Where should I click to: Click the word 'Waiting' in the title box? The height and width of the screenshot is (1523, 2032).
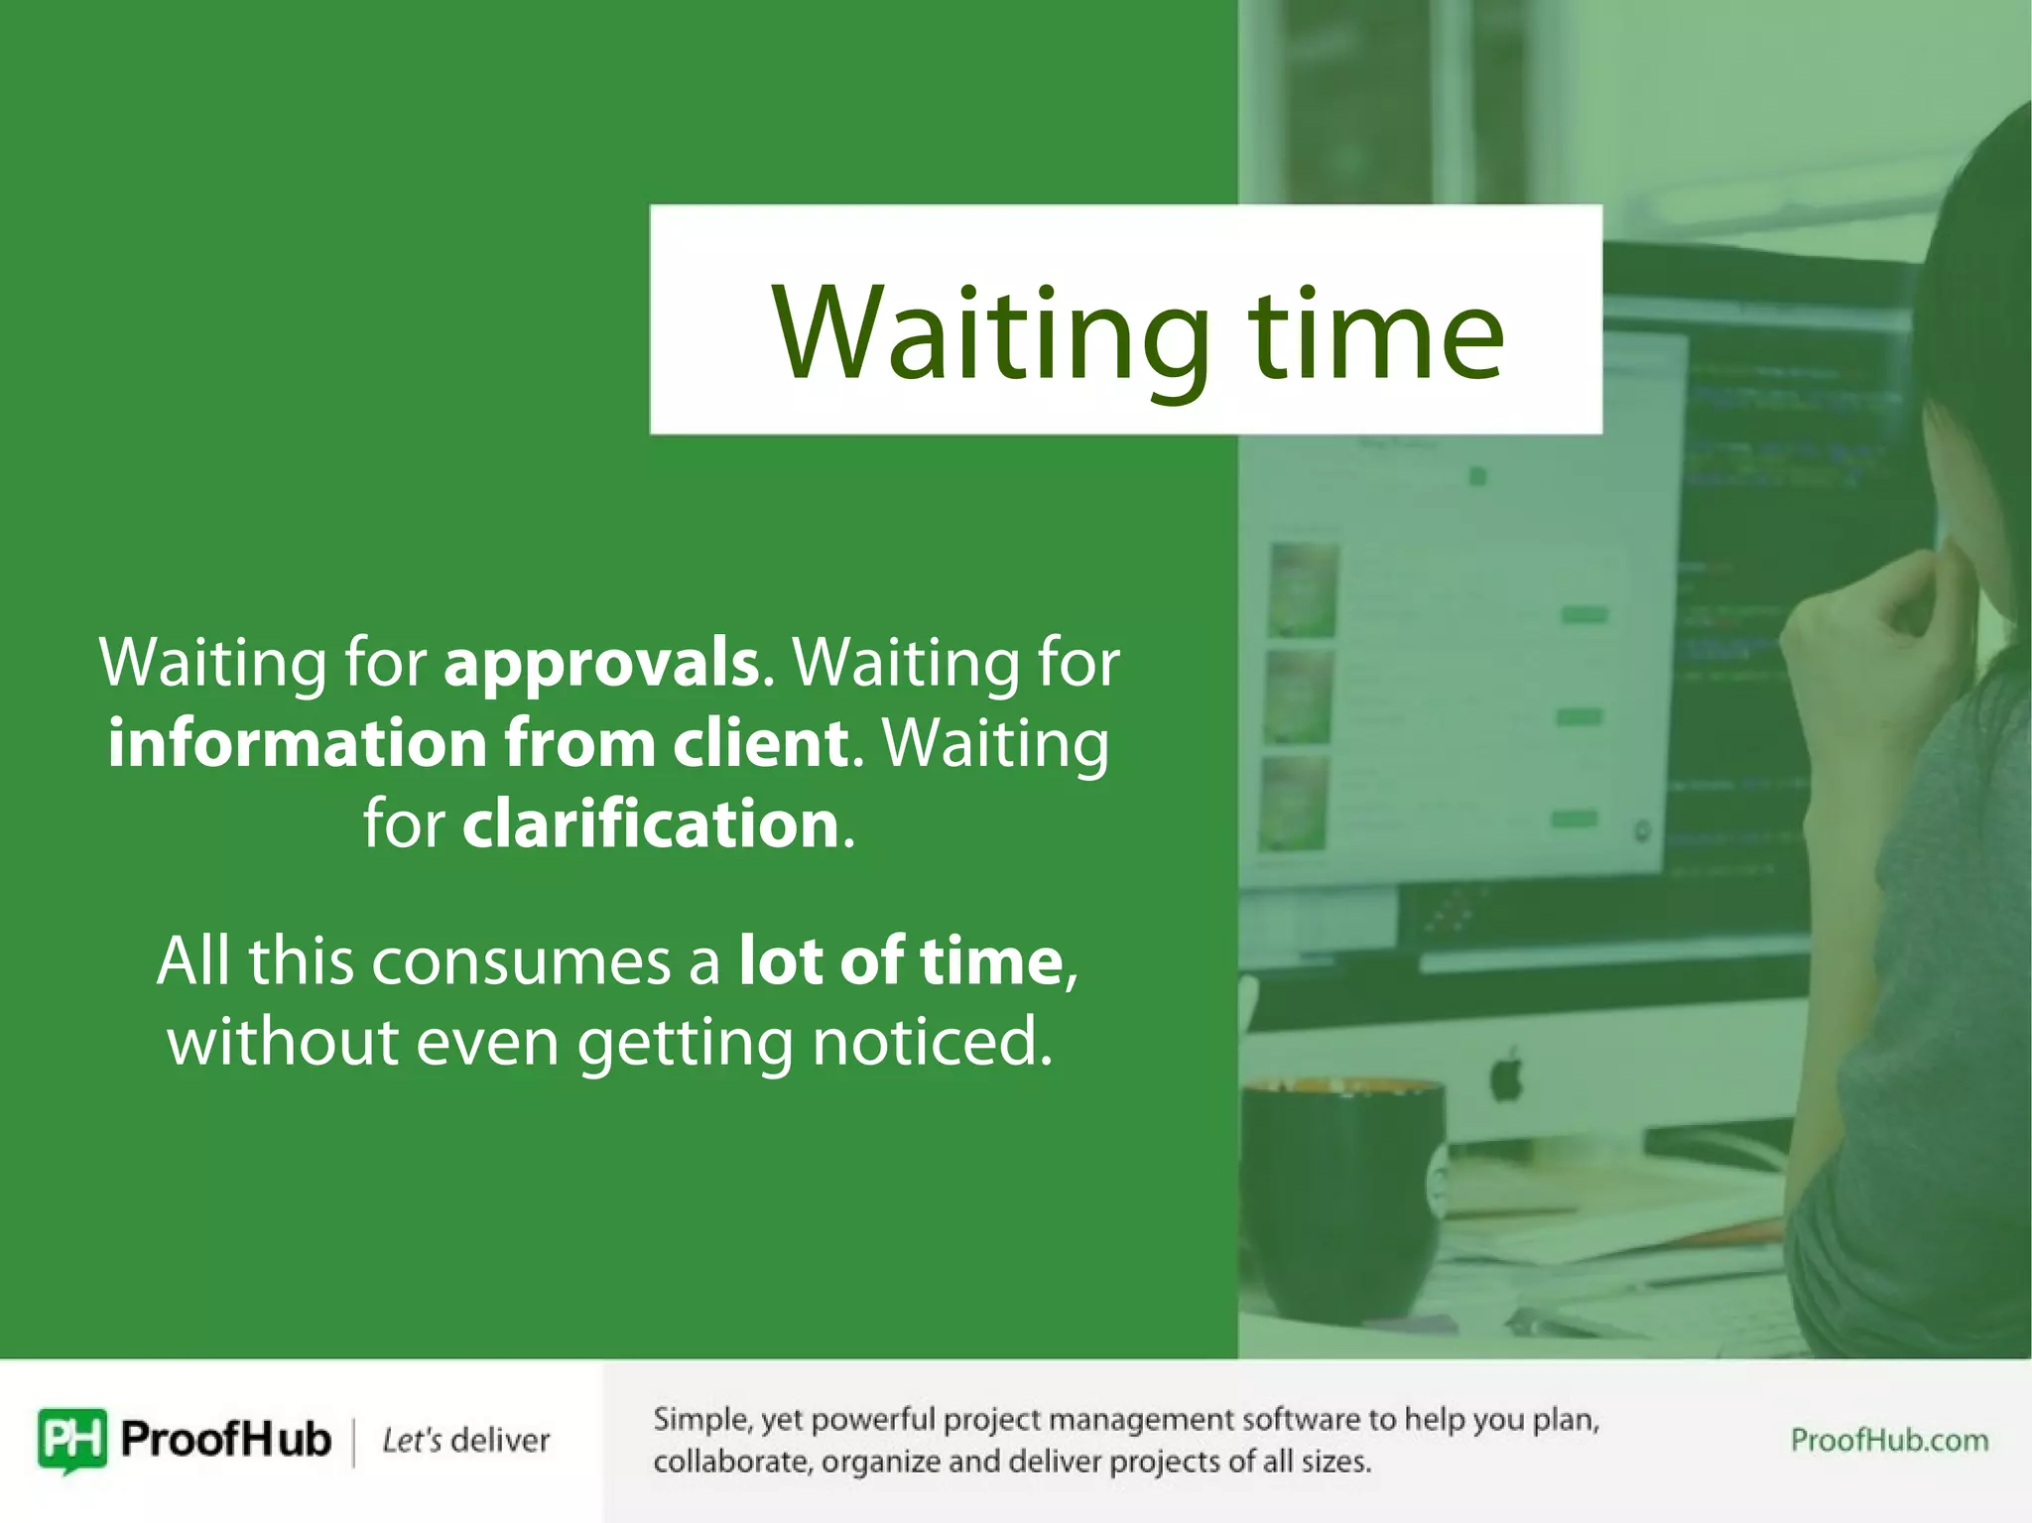(992, 335)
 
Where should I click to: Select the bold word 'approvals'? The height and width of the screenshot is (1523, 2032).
(601, 663)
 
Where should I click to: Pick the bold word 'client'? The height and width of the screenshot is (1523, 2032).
(760, 744)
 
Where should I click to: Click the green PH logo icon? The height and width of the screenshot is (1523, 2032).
(71, 1440)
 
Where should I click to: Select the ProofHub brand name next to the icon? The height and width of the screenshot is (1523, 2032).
(225, 1439)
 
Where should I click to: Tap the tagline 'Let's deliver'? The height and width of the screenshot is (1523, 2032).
(465, 1441)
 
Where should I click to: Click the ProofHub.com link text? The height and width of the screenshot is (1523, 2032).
(1888, 1440)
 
